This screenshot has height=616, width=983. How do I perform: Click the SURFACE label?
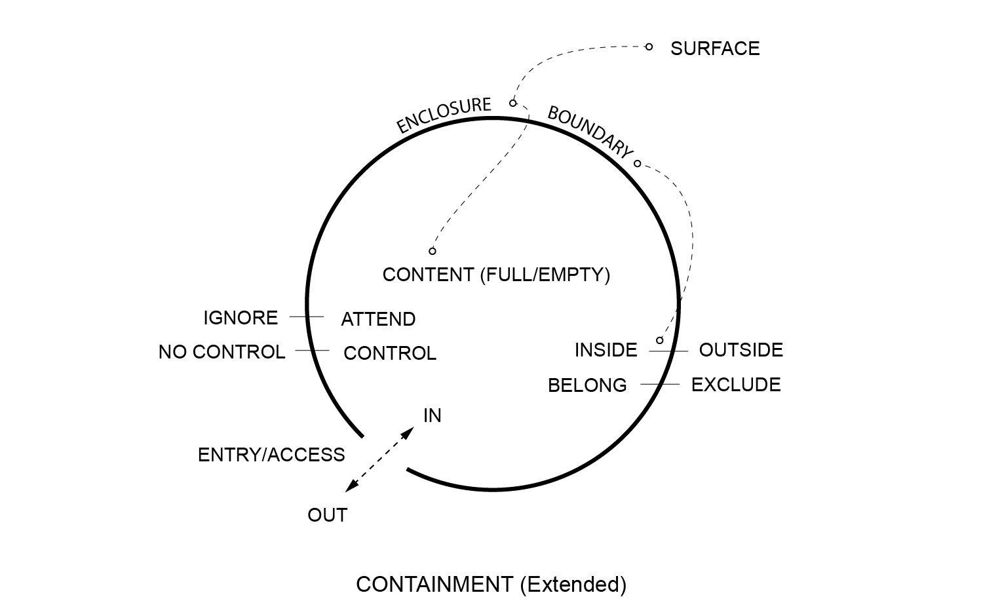pyautogui.click(x=714, y=48)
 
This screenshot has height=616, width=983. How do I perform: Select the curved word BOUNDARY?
pyautogui.click(x=590, y=132)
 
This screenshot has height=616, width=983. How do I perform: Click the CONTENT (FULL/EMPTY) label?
pyautogui.click(x=496, y=275)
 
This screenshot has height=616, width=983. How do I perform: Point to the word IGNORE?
pyautogui.click(x=241, y=318)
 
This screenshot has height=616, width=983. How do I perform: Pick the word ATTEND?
pyautogui.click(x=378, y=319)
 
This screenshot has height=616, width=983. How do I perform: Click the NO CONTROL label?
pyautogui.click(x=222, y=352)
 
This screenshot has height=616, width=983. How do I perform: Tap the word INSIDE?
pyautogui.click(x=606, y=351)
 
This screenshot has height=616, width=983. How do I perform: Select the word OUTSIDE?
pyautogui.click(x=741, y=350)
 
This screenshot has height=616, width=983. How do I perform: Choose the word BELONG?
pyautogui.click(x=587, y=385)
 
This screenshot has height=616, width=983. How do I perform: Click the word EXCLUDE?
pyautogui.click(x=736, y=385)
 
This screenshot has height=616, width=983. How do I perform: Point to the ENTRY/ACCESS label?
pyautogui.click(x=271, y=455)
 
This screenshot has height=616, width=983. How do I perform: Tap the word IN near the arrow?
pyautogui.click(x=433, y=415)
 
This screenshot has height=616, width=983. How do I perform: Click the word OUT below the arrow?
pyautogui.click(x=327, y=515)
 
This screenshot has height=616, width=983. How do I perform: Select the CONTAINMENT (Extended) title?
pyautogui.click(x=491, y=584)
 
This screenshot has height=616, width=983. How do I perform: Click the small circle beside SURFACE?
pyautogui.click(x=649, y=47)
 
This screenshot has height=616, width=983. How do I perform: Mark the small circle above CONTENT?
pyautogui.click(x=433, y=251)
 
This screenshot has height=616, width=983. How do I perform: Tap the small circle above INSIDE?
pyautogui.click(x=660, y=340)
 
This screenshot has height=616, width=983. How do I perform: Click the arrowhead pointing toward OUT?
pyautogui.click(x=351, y=486)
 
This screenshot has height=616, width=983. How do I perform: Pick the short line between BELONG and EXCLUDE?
pyautogui.click(x=660, y=384)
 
